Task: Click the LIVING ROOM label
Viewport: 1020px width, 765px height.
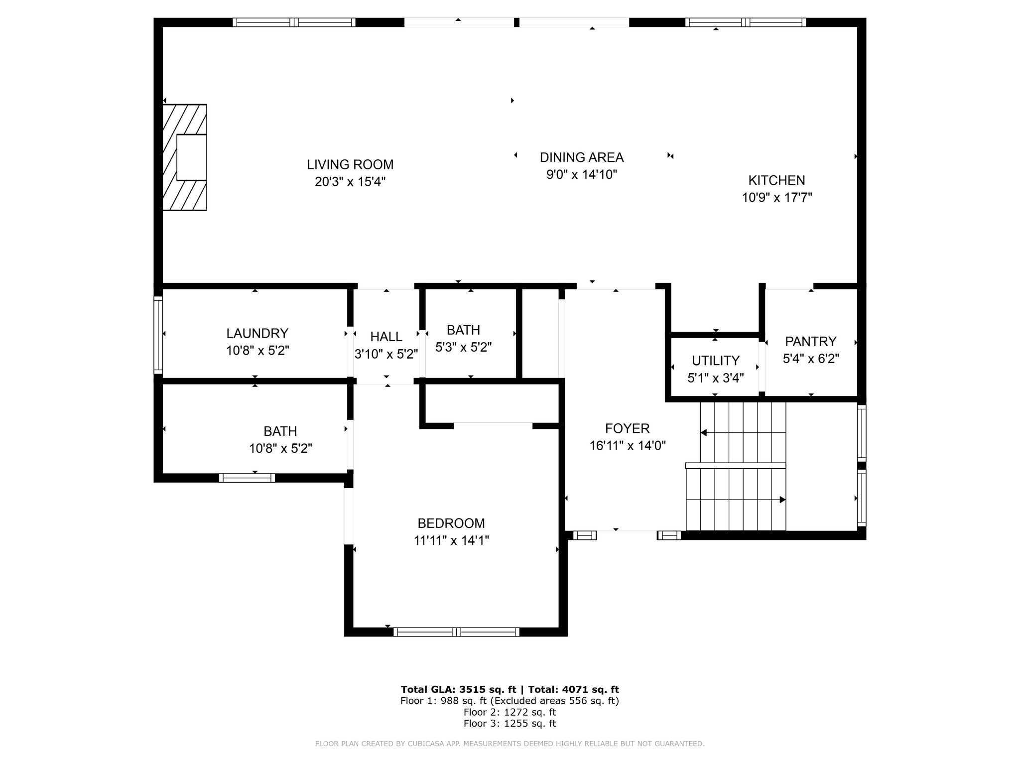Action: tap(350, 164)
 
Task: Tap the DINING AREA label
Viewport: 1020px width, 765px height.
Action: tap(582, 157)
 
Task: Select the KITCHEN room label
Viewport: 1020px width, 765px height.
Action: tap(776, 180)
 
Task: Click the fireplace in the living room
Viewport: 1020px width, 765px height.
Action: tap(185, 157)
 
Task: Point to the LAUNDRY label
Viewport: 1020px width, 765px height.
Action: tap(257, 333)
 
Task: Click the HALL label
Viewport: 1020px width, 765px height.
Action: tap(386, 337)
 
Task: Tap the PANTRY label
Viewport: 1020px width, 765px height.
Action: tap(810, 342)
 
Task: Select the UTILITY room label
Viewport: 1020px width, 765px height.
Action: tap(716, 361)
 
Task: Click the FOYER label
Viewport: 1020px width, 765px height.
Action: tap(628, 428)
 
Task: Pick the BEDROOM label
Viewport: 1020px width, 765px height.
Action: tap(451, 523)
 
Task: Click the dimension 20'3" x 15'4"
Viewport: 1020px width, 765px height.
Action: tap(350, 182)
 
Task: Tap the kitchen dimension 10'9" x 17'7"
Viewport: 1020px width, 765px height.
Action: tap(777, 198)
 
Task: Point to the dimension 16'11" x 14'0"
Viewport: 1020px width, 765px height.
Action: tap(628, 446)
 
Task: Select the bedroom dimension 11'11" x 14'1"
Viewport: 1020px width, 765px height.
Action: tap(451, 541)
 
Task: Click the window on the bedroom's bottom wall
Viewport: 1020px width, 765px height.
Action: tap(456, 632)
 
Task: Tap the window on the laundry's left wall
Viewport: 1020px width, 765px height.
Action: tap(158, 335)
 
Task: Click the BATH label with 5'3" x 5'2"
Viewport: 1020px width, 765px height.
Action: tap(463, 330)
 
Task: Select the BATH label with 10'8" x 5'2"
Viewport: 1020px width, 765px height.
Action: tap(280, 431)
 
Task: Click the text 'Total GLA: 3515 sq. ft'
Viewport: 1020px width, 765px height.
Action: tap(459, 690)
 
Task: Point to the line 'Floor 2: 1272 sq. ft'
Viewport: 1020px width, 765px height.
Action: tap(510, 712)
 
